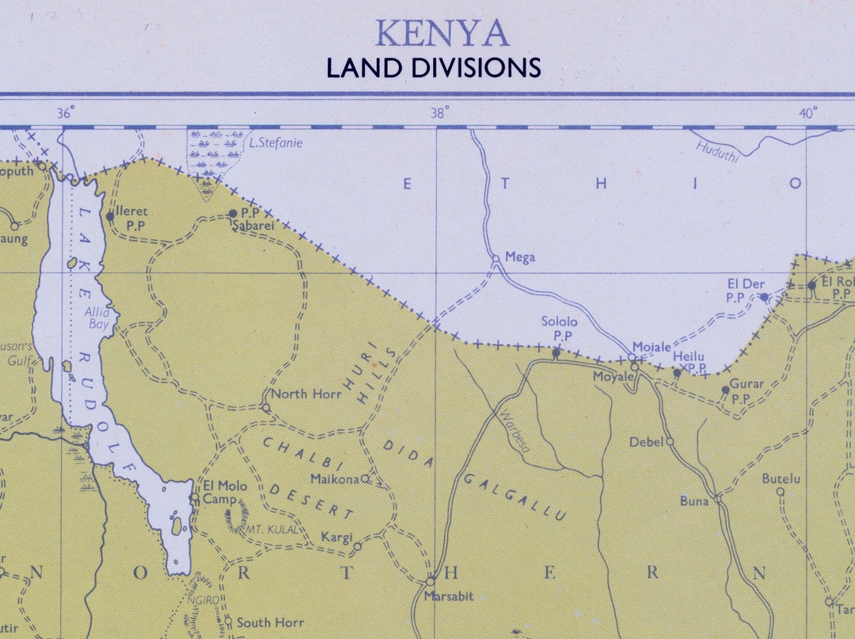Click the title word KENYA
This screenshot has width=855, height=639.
coord(442,33)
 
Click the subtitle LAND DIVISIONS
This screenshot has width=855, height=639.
coord(434,67)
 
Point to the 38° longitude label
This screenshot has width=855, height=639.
coord(439,113)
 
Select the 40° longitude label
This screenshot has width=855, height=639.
coord(807,113)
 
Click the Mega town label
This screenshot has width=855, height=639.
coord(520,257)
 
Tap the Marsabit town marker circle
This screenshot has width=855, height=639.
coord(431,580)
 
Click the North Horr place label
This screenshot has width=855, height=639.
coord(306,394)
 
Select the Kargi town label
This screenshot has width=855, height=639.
coord(336,538)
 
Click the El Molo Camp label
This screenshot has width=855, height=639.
coord(225,493)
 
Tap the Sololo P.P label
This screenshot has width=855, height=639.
coord(559,329)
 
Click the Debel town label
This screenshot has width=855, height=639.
coord(646,442)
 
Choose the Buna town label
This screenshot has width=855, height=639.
coord(694,500)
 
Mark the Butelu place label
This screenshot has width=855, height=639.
coord(781,478)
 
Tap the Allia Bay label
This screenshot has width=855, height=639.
coord(98,317)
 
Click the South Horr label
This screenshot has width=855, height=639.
coord(270,622)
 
